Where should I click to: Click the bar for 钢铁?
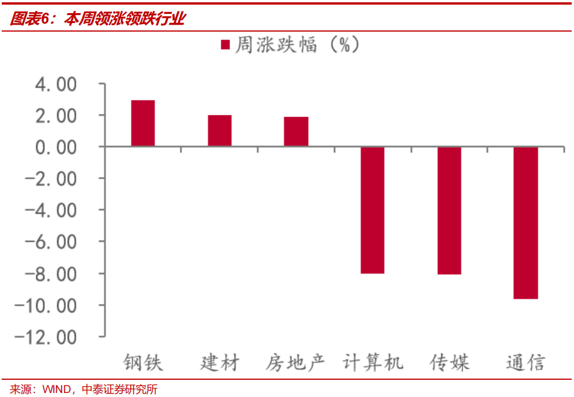point(143,124)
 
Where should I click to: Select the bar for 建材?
point(219,131)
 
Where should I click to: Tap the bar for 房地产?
point(296,132)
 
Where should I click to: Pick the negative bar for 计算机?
point(372,210)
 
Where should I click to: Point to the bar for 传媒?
point(449,211)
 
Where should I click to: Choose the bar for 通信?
point(526,223)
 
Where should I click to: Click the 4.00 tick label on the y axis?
point(56,85)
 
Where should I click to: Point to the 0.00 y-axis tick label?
point(56,148)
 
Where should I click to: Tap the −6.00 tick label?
point(51,242)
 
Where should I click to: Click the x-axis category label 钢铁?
point(143,363)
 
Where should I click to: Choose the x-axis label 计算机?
point(373,363)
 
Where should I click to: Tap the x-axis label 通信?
point(526,363)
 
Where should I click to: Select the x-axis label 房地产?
point(296,363)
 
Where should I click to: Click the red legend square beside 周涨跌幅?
point(226,45)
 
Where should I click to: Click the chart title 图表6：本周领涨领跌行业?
point(98,19)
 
